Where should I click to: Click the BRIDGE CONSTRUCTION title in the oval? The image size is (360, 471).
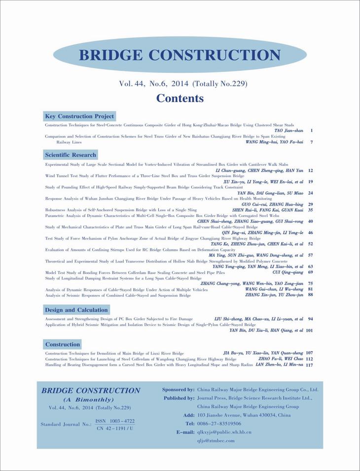click(180, 55)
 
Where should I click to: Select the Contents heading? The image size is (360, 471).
click(180, 98)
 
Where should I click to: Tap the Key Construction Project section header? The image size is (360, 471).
click(79, 116)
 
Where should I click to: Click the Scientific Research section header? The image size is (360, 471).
click(71, 155)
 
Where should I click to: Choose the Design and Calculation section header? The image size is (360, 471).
click(76, 310)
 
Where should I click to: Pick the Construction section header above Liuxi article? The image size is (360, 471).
click(63, 344)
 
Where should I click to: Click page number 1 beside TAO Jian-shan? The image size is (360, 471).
click(312, 131)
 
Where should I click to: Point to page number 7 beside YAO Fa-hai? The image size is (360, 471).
click(312, 142)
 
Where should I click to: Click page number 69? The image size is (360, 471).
click(311, 272)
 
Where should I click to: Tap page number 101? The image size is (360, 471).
click(309, 330)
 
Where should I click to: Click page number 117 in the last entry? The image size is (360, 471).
click(309, 365)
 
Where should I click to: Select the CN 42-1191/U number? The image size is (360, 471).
click(115, 428)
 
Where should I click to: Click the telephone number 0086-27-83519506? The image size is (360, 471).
click(219, 424)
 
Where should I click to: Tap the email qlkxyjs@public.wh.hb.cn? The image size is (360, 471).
click(224, 432)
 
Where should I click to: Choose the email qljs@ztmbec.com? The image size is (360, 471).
click(216, 440)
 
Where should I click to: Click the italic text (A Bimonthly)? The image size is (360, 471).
click(89, 399)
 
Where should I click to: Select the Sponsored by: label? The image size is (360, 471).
click(178, 390)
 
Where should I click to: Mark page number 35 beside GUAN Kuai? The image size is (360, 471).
click(311, 210)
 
